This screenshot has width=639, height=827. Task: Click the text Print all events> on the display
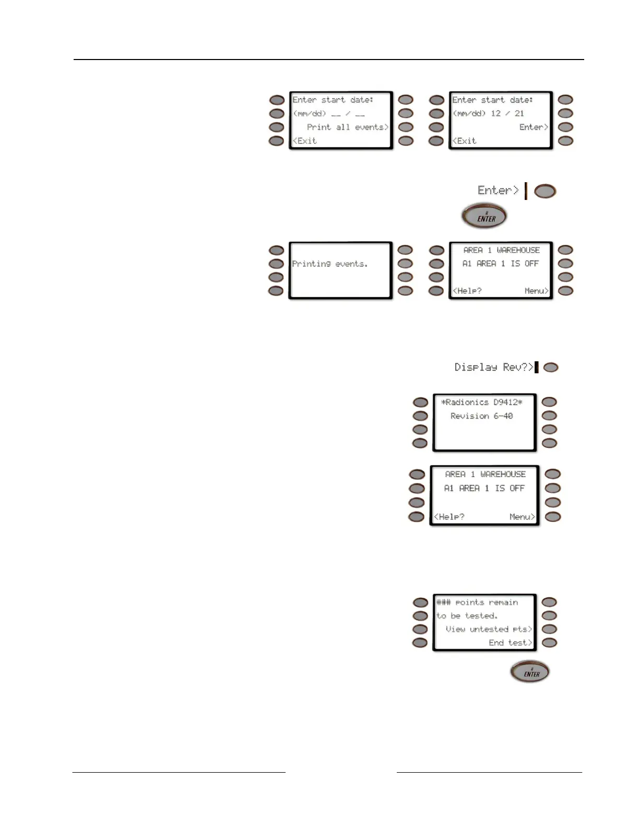348,127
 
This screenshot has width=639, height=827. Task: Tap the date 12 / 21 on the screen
507,113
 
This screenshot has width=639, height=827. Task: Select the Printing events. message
330,264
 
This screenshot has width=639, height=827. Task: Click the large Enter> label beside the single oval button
499,191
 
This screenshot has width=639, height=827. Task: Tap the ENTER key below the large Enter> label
484,216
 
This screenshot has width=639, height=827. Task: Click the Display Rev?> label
494,368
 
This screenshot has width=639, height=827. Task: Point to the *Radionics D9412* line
482,403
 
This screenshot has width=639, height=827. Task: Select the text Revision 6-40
482,416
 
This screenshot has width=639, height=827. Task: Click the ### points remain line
477,602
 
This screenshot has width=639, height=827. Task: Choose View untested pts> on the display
489,630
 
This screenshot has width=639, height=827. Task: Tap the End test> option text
510,643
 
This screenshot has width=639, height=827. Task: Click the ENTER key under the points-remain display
530,672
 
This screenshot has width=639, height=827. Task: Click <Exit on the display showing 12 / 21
465,141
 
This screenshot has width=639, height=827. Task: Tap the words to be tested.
467,616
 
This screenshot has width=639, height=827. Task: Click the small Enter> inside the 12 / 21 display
534,127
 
